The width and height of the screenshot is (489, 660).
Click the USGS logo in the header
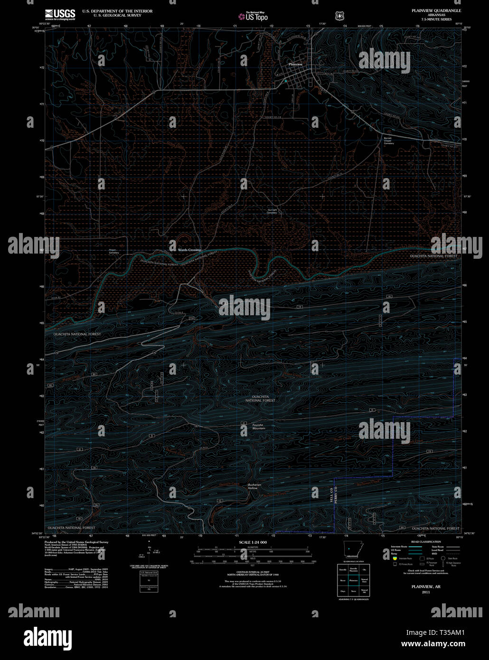(60, 14)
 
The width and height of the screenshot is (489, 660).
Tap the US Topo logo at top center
(254, 17)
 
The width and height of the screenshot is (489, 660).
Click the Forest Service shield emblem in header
(339, 16)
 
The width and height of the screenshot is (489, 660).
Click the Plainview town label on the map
(296, 64)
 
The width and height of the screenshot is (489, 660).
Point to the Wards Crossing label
(189, 250)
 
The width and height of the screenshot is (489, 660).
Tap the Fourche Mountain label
(259, 426)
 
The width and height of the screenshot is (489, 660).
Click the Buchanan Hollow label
(254, 486)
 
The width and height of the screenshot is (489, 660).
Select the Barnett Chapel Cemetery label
(388, 141)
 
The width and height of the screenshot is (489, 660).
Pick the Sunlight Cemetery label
(272, 211)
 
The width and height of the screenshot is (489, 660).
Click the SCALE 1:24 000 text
(253, 542)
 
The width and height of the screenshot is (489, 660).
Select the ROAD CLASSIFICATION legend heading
(426, 542)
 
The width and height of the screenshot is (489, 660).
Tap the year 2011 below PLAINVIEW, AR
(425, 592)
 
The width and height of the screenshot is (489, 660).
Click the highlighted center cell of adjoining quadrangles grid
(353, 580)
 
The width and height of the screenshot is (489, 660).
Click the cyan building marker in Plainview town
(286, 81)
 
